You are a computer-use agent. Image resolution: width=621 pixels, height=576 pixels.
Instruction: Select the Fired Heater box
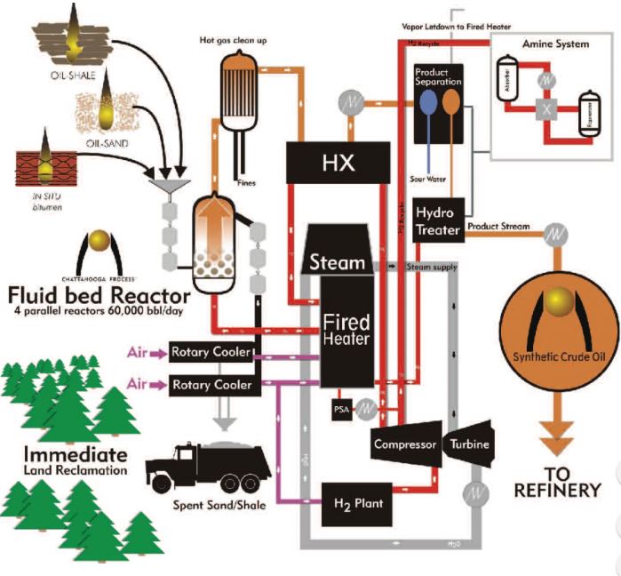pyautogui.click(x=347, y=330)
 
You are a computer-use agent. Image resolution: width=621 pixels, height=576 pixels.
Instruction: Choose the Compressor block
pyautogui.click(x=404, y=444)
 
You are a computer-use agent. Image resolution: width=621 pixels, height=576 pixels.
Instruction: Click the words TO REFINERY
pyautogui.click(x=561, y=480)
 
